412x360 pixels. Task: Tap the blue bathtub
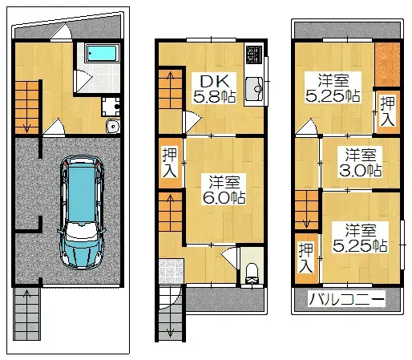pos(102,54)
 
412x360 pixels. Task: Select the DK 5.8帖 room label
pos(214,88)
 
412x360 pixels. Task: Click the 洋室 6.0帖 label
pos(224,189)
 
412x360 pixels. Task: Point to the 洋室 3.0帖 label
pos(361,162)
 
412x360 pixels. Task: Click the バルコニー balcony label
pos(347,299)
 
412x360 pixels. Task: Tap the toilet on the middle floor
pos(252,273)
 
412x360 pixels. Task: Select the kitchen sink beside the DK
pos(254,89)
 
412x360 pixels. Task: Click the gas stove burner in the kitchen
pos(254,55)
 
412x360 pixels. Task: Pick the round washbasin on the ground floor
pos(113,127)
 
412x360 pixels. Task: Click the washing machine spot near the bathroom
pos(111,107)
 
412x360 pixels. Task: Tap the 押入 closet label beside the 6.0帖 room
pos(170,163)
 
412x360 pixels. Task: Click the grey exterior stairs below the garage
pos(26,313)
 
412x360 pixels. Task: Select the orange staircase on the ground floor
pos(27,107)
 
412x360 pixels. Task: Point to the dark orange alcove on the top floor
pos(387,64)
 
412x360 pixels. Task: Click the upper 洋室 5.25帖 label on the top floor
pos(333,87)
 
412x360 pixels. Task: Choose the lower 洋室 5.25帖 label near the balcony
pos(361,237)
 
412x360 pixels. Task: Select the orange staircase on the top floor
pos(307,210)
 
